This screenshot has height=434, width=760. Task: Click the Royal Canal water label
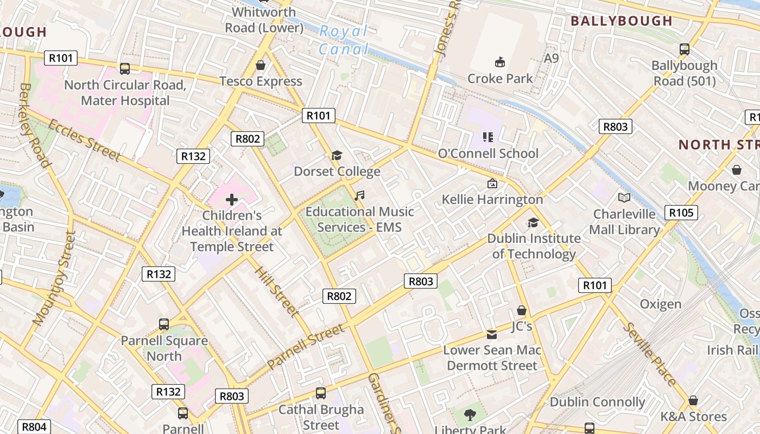(x=344, y=40)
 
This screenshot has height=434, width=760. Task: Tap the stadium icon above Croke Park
(x=499, y=62)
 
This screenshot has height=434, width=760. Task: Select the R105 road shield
(x=681, y=213)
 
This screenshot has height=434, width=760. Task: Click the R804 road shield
(x=34, y=427)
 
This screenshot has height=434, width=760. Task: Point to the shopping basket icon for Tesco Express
(x=261, y=65)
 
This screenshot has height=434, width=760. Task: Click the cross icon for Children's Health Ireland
(x=232, y=200)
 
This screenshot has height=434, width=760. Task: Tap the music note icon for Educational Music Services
(x=359, y=195)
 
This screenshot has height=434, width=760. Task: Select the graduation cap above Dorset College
(x=337, y=156)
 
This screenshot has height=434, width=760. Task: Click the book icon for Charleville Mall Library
(x=624, y=198)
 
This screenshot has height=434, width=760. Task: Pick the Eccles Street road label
(x=84, y=140)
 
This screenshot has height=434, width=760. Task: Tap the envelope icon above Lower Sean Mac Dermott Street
(x=492, y=334)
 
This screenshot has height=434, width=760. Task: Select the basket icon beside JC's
(x=522, y=310)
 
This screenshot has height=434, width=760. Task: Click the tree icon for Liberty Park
(x=470, y=416)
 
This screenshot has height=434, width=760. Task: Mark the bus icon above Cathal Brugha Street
(x=321, y=393)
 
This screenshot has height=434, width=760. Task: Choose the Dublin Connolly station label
(x=597, y=402)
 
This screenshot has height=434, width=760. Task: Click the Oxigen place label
(x=660, y=304)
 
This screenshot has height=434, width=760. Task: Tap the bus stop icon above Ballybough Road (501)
(x=684, y=49)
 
